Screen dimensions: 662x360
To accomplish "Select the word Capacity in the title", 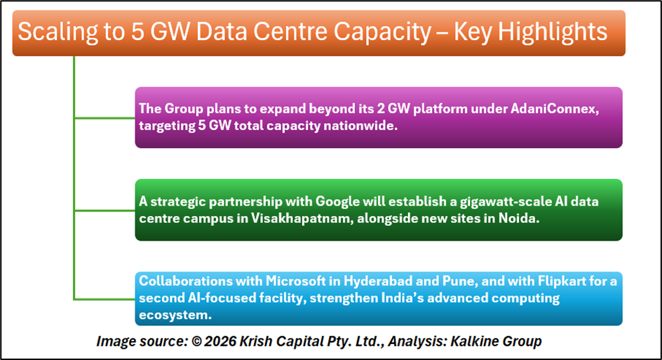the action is click(382, 32).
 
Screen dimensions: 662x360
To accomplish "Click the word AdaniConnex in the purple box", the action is click(555, 109).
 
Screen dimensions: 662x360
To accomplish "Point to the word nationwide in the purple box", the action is click(360, 126).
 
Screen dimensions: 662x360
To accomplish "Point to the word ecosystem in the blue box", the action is click(175, 315).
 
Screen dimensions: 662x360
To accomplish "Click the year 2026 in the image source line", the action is click(220, 341).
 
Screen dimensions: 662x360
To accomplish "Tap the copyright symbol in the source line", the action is click(196, 341).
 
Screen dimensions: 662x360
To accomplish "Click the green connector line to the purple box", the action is click(104, 118).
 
